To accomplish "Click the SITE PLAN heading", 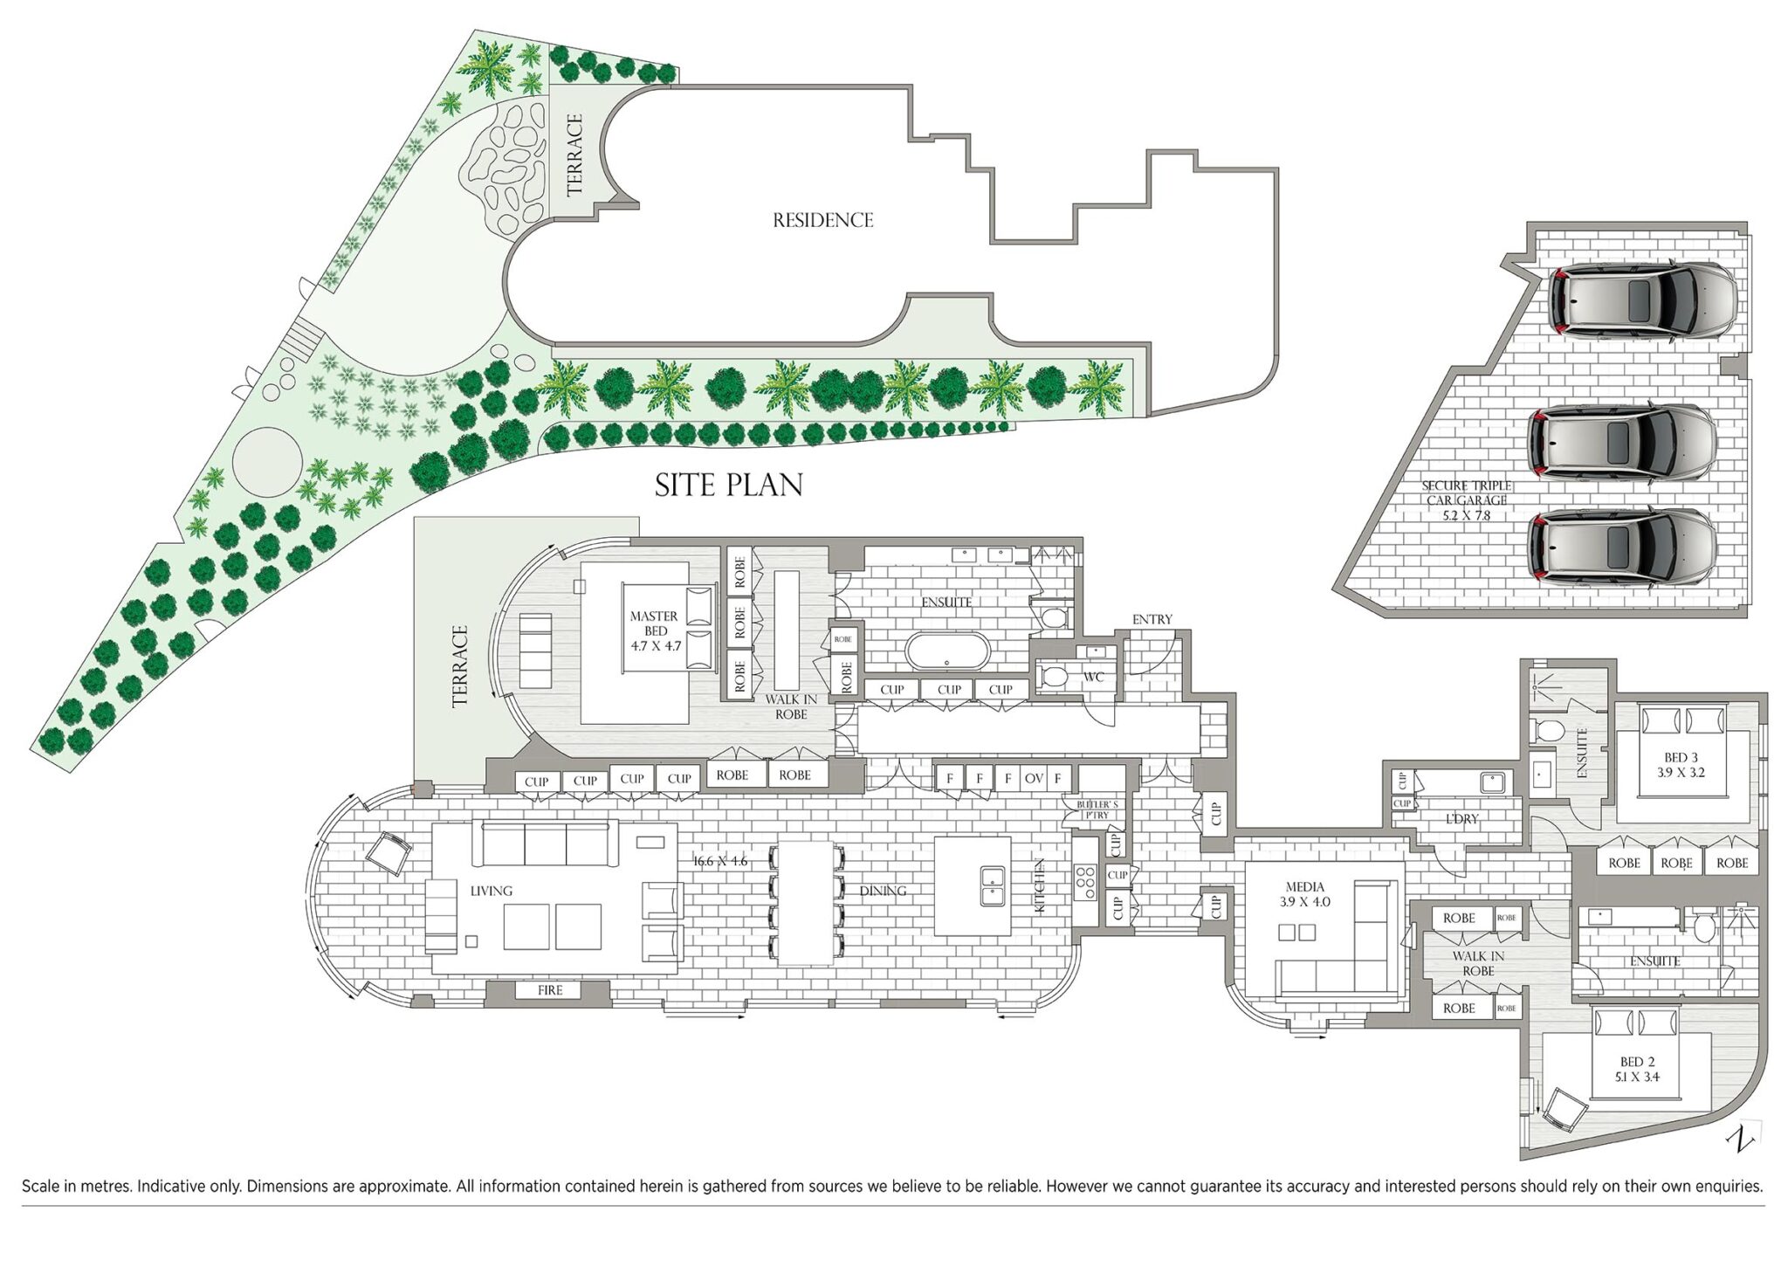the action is click(729, 485).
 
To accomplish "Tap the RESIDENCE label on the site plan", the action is click(822, 220).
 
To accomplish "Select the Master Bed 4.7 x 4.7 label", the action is click(655, 631).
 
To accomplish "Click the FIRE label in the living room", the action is click(550, 990).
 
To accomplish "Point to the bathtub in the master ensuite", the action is click(948, 651).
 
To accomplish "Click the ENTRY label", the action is click(1152, 619).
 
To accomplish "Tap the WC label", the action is click(1094, 677).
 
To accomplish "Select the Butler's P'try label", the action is click(1096, 809).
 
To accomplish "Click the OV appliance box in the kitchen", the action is click(1034, 778).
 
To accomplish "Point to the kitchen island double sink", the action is click(992, 885).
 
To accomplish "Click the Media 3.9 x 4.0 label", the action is click(1305, 894).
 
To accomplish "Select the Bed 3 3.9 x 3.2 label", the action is click(1681, 765).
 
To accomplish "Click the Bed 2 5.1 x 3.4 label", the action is click(1637, 1069).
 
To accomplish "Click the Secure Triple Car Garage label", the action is click(1467, 500).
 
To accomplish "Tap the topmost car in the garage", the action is click(1642, 301).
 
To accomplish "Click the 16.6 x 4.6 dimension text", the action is click(720, 861).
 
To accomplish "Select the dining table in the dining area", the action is click(806, 902).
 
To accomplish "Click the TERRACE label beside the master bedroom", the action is click(460, 666).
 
